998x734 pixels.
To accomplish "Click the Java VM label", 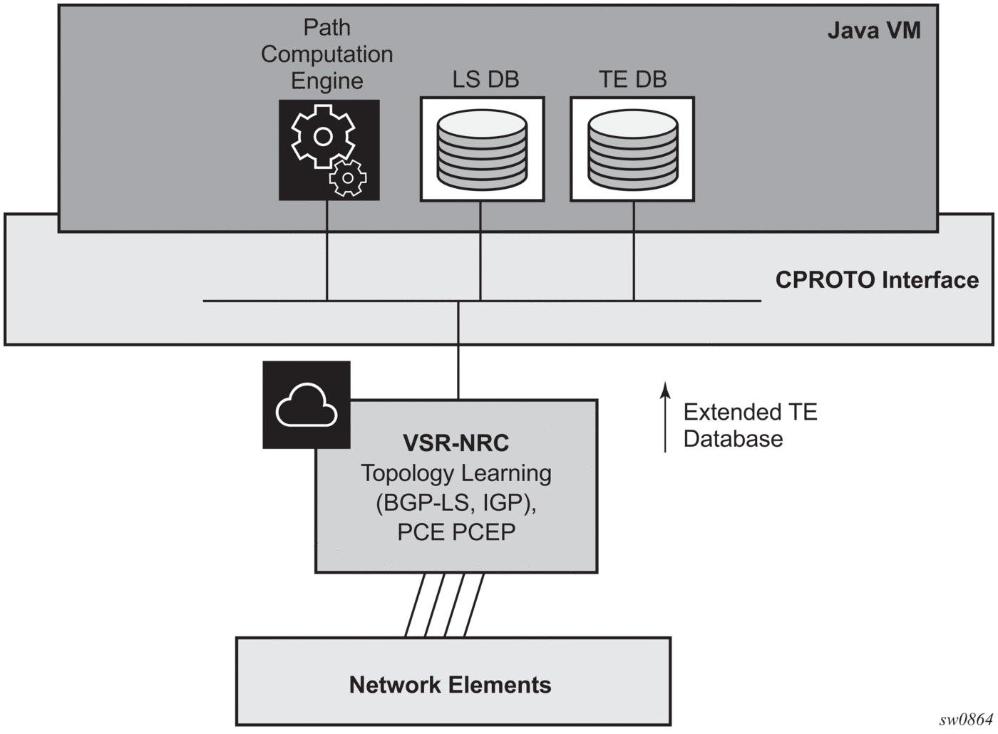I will pos(873,31).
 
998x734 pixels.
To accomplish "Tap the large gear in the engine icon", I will pos(323,136).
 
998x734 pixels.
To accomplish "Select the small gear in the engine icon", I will pos(348,177).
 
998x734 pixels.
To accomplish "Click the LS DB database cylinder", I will pos(482,150).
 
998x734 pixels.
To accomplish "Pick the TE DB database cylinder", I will pos(632,150).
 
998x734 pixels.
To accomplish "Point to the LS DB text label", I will pos(485,79).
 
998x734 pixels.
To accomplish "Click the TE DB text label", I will pos(632,79).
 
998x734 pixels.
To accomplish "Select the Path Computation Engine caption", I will pos(326,54).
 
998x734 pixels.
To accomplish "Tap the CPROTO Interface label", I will pos(876,280).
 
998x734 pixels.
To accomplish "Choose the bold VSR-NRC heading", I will pos(456,443).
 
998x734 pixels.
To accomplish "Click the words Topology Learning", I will pos(456,473).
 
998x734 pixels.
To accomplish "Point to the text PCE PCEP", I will pos(456,532).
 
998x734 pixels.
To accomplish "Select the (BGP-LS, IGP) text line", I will pos(456,503).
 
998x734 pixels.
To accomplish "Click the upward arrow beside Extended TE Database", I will pos(665,417).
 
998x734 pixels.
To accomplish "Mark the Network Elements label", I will pos(450,685).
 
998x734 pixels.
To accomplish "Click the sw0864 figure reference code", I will pos(966,720).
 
